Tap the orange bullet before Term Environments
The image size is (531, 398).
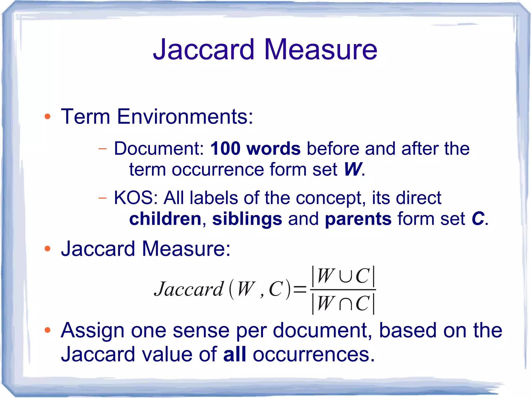tap(47, 116)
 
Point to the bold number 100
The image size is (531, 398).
tap(225, 149)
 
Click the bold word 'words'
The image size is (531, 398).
tap(274, 149)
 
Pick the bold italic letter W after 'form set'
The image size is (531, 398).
tap(352, 170)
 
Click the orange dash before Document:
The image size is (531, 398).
tap(102, 149)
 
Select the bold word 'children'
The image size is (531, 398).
tap(165, 219)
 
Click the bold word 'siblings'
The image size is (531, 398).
tap(247, 219)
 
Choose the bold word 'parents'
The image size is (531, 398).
tap(358, 219)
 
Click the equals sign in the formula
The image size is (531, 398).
tap(300, 289)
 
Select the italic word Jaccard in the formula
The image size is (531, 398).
tap(188, 289)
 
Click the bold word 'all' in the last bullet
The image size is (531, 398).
tap(234, 354)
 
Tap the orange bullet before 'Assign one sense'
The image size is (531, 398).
tap(47, 330)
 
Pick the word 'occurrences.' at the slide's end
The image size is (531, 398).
tap(314, 354)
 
